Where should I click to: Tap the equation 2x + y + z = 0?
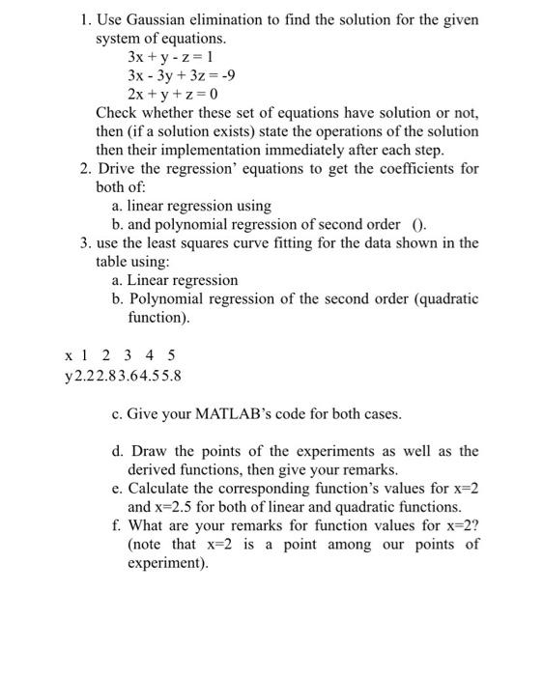173,94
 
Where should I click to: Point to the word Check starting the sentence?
117,113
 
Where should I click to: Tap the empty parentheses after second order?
417,224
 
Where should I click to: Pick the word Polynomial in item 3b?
165,298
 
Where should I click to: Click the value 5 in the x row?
172,355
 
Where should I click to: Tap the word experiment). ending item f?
167,562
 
